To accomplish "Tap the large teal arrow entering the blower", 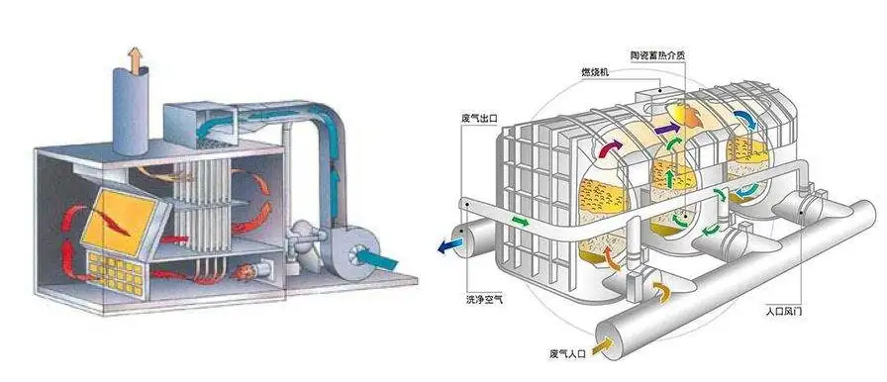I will pos(374,259).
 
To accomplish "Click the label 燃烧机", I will pos(595,73).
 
